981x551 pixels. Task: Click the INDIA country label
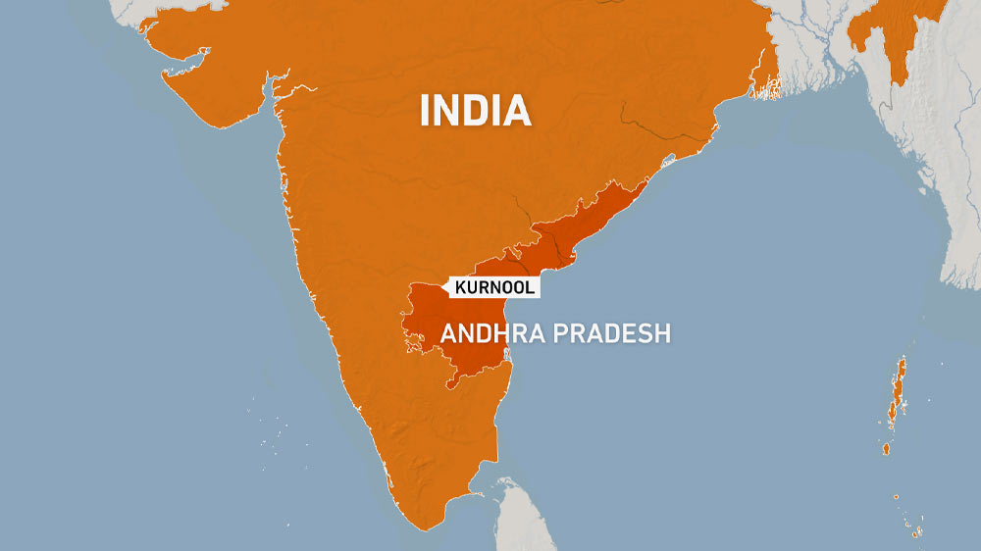pyautogui.click(x=475, y=110)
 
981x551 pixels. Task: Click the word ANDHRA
pyautogui.click(x=491, y=333)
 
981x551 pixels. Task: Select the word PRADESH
pyautogui.click(x=612, y=333)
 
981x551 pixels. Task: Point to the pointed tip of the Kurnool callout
pyautogui.click(x=447, y=286)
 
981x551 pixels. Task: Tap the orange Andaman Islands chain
pyautogui.click(x=897, y=392)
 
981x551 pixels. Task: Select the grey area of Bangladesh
pyautogui.click(x=804, y=49)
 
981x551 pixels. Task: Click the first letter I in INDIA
pyautogui.click(x=424, y=110)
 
